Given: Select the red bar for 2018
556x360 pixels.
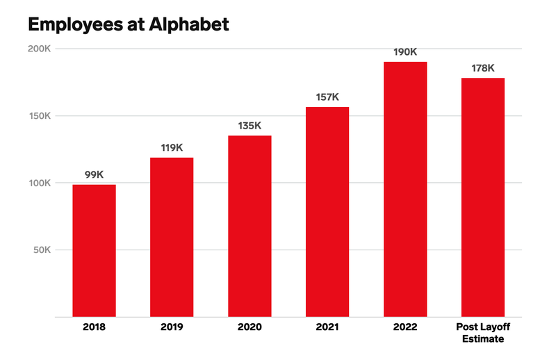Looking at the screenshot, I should (x=94, y=250).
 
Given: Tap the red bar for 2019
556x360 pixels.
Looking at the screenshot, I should (x=172, y=237).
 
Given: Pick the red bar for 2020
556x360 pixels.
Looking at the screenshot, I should (x=250, y=226).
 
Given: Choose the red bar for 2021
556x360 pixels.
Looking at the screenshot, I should (x=327, y=212).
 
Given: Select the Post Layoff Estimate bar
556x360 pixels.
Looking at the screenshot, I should (x=483, y=197).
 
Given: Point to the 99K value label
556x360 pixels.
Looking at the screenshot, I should (x=94, y=175).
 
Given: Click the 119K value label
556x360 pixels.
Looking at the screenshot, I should (x=172, y=148).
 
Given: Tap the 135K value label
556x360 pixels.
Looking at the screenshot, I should (x=250, y=126).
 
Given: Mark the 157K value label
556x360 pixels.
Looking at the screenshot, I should (x=327, y=97).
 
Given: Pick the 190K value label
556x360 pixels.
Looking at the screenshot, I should (x=405, y=52).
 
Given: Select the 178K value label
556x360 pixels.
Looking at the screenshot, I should (x=483, y=68).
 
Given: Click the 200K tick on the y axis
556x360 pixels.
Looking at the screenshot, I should (x=40, y=49).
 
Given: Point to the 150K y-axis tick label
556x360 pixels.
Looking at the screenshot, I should (x=40, y=116).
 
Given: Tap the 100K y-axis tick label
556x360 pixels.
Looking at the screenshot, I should (x=40, y=183).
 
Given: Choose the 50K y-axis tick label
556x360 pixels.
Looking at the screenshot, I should (x=42, y=250).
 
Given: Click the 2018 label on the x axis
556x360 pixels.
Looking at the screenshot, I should (x=94, y=327).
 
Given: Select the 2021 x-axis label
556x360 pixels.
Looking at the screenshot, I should (x=327, y=327).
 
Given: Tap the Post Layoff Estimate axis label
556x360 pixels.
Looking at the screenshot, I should (x=483, y=333).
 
